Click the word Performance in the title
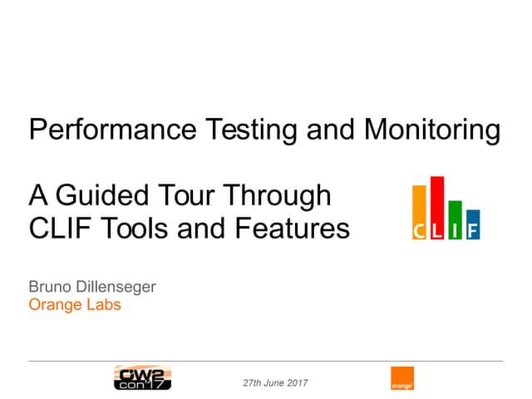pos(113,130)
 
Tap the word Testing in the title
pos(251,131)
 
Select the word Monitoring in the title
pos(432,131)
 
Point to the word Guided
pos(102,195)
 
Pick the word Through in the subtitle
pos(277,196)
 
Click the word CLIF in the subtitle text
pos(60,228)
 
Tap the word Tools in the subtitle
pos(135,228)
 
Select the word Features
pos(292,228)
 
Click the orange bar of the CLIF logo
pos(419,213)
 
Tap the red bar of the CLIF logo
pos(437,208)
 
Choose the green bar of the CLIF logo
pos(455,219)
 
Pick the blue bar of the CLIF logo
pos(473,224)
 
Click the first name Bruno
pos(50,287)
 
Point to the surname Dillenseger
pos(116,288)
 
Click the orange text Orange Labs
pos(75,305)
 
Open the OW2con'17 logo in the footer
pos(142,377)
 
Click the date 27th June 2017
pos(275,383)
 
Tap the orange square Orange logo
pos(402,378)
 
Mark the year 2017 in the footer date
pos(298,383)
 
